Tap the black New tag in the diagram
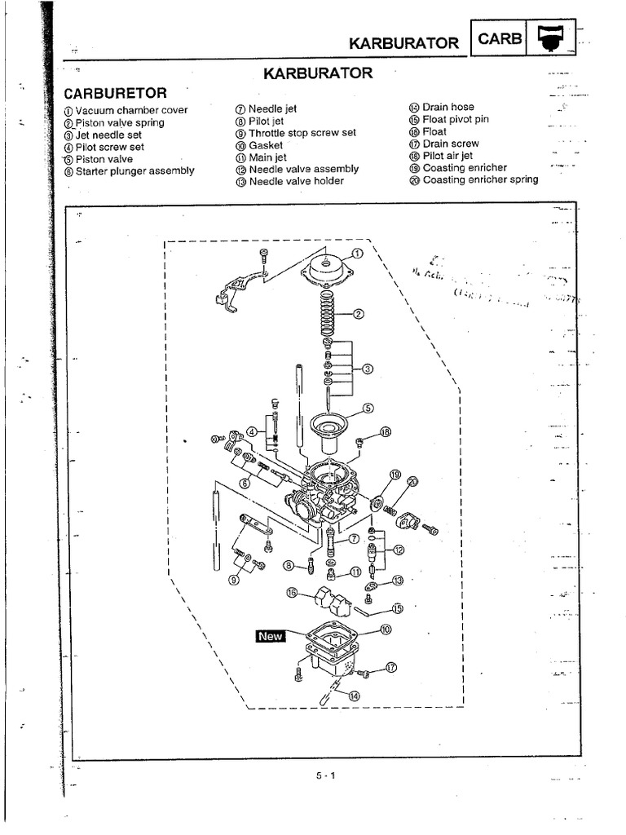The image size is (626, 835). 270,636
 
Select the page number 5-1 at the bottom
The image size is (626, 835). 326,775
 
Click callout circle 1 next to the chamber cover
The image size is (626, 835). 356,253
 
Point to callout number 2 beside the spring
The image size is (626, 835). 358,313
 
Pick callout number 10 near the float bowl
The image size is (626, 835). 385,629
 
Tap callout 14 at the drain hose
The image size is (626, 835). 353,696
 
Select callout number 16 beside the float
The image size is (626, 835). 292,593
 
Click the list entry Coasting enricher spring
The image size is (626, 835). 480,179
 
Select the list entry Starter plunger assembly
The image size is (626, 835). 134,171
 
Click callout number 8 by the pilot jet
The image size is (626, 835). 288,565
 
